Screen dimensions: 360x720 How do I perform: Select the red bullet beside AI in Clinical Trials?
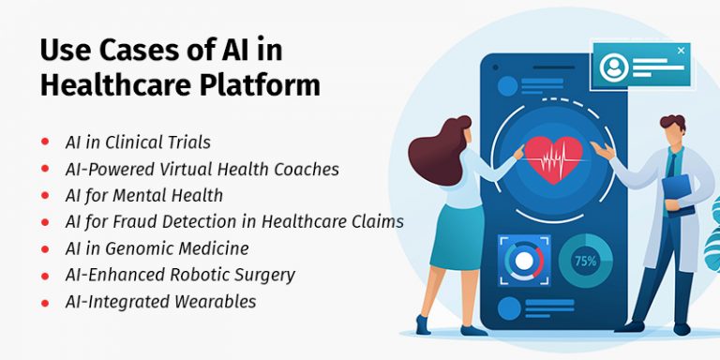(44, 142)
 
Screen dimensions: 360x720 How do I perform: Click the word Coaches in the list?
(306, 170)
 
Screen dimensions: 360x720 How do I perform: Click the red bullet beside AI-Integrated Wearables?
(44, 301)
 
